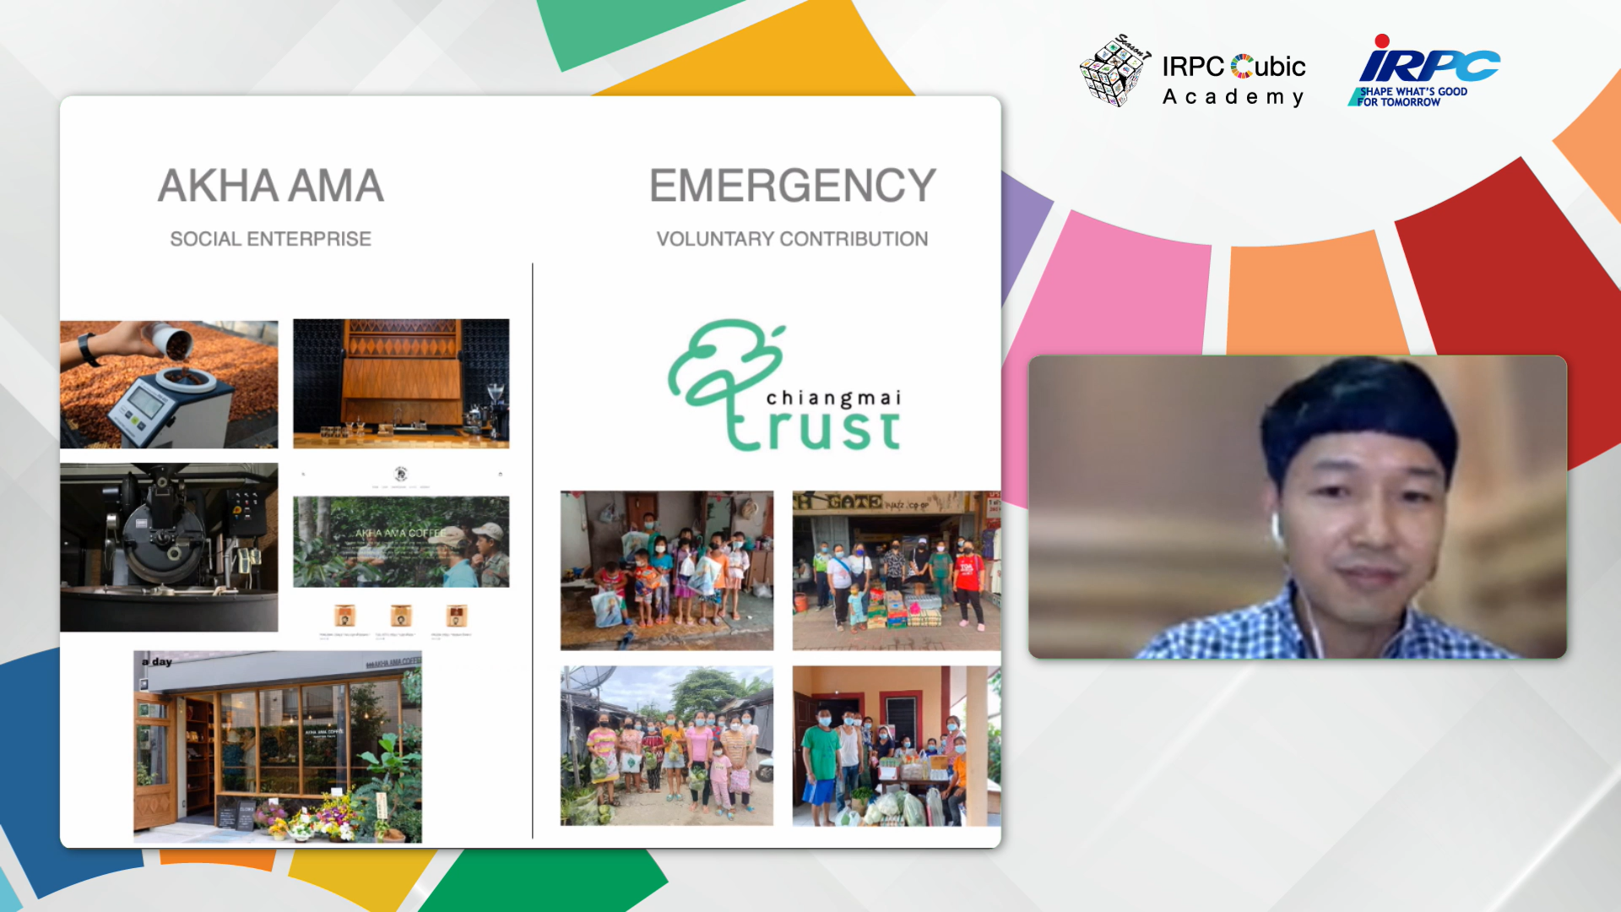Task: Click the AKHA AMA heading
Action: point(270,186)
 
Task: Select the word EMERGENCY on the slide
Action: point(792,186)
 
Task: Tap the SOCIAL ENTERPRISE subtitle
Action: point(270,239)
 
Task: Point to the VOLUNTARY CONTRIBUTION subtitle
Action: point(792,239)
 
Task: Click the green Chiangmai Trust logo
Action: point(783,387)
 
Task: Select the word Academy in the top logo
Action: point(1233,97)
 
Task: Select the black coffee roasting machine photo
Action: point(169,546)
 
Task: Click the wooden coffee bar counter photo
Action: point(401,383)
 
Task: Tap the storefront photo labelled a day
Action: point(278,746)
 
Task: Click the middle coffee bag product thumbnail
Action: point(401,615)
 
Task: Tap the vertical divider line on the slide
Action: point(533,549)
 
